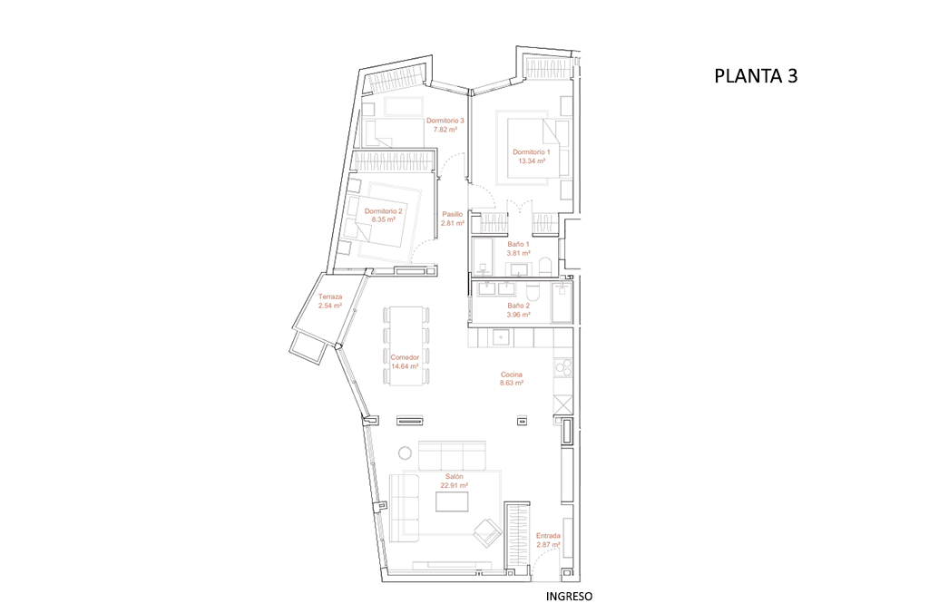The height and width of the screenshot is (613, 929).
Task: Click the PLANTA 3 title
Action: pos(756,76)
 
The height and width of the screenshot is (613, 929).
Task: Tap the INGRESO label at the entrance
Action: pos(569,597)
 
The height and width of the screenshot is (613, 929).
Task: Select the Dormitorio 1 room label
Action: pos(531,151)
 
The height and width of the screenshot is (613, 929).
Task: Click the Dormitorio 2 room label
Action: pos(383,210)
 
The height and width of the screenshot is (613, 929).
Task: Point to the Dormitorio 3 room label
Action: pos(445,121)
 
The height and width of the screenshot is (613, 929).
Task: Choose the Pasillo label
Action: pos(452,214)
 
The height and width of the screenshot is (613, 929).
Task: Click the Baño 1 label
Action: pos(518,244)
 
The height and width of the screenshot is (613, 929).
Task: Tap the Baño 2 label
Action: pos(518,306)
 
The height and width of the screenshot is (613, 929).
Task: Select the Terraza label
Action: pos(330,297)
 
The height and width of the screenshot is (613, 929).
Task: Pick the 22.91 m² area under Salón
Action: pos(454,485)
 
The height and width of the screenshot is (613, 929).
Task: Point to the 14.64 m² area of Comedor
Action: pos(405,367)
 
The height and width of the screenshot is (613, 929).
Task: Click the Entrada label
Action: pos(548,536)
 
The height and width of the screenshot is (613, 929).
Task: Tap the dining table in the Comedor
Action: pos(406,345)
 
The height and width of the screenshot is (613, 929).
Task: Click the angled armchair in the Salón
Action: pos(488,532)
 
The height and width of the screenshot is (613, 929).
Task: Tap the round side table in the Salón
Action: pos(403,452)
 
